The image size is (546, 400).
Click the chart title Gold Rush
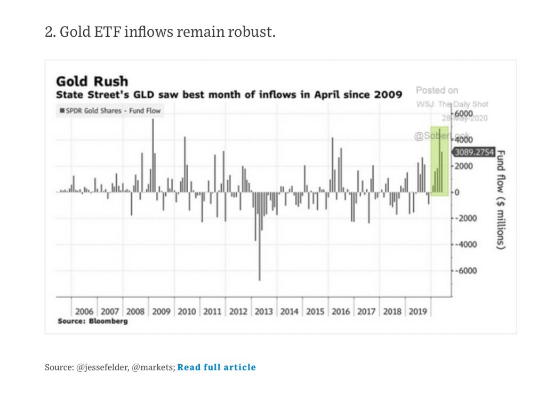(92, 82)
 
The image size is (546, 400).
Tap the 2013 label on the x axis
(263, 311)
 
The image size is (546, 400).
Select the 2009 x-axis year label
(161, 311)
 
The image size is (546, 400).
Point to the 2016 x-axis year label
(341, 311)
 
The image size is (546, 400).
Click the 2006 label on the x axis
(84, 311)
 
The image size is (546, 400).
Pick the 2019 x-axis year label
(417, 311)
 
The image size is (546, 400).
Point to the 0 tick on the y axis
(457, 192)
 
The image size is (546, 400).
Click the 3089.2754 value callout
(474, 153)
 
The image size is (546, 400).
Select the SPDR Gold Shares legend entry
(110, 111)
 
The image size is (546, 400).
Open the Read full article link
(216, 367)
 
